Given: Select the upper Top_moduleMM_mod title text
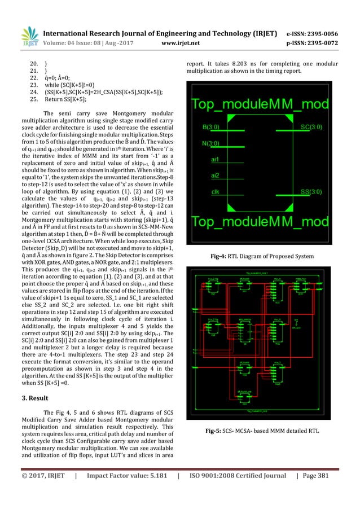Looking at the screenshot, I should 268,104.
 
